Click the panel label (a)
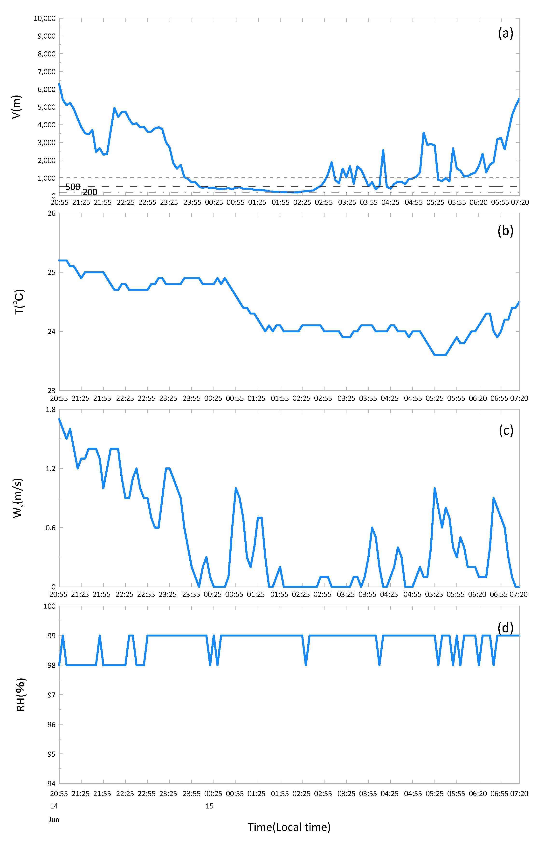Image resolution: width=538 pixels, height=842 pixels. pos(505,33)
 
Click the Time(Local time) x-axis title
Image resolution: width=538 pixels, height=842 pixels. pos(289,827)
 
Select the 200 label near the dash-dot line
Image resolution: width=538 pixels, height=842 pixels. pos(90,192)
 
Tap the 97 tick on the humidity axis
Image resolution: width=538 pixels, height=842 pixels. pos(51,695)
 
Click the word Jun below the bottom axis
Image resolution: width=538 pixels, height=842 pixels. pos(54,820)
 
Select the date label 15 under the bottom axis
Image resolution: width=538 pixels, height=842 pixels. pos(209,806)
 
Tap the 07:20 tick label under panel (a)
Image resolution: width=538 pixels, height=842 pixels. pos(519,202)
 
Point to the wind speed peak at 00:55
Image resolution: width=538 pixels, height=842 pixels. pos(236,488)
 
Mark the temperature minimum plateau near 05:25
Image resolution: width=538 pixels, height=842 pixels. pos(440,355)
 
